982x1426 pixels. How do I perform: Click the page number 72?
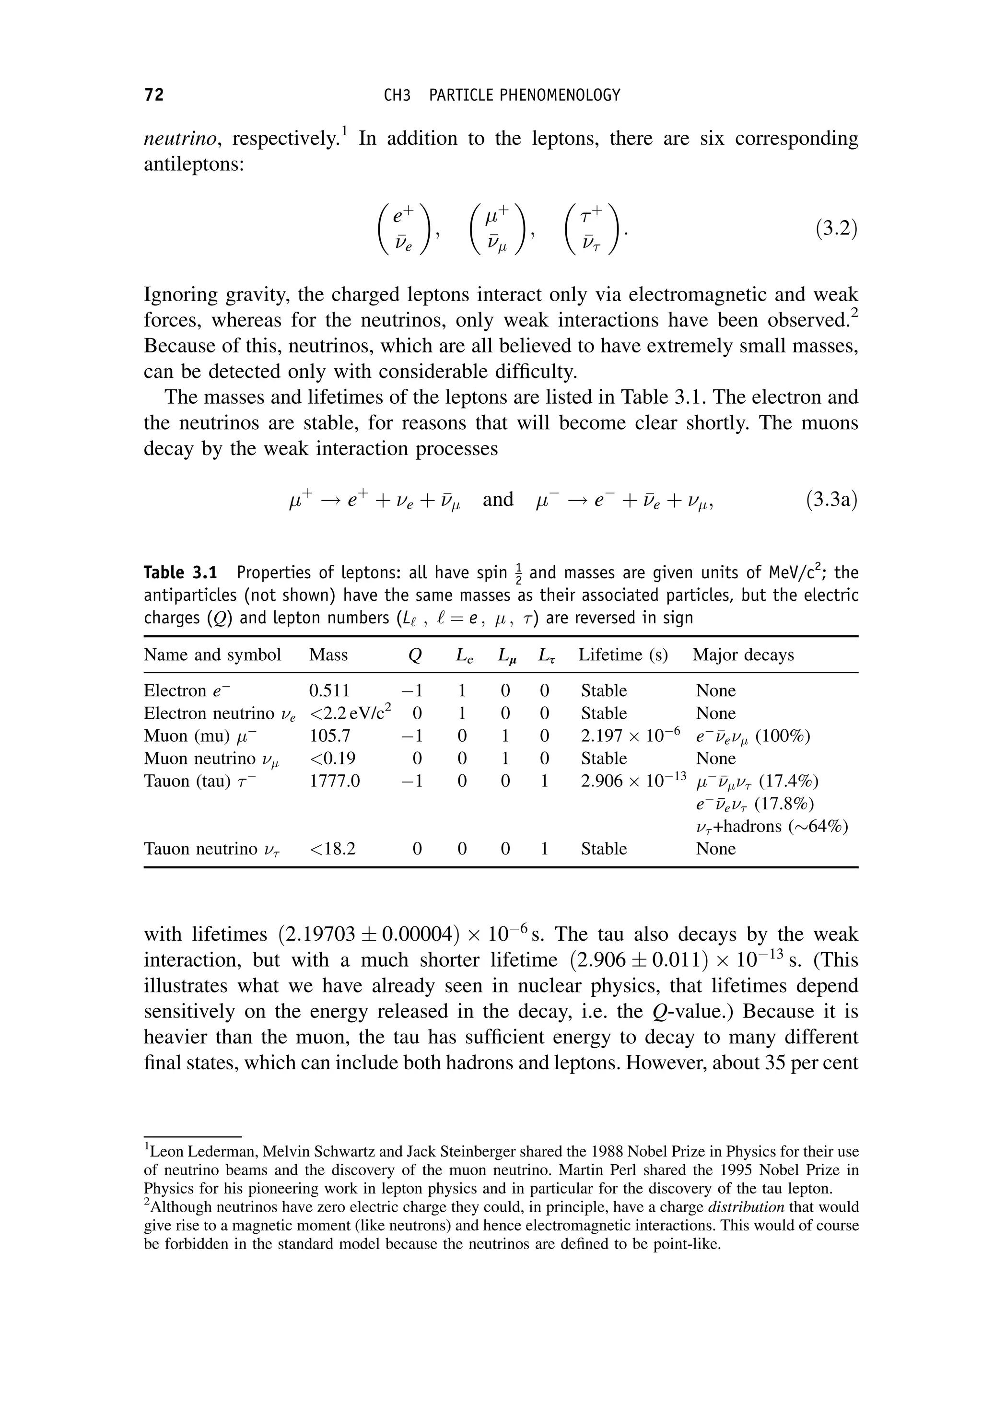(x=154, y=95)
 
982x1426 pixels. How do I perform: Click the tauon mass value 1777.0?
(x=334, y=781)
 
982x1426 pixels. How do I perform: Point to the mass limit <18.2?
(x=332, y=849)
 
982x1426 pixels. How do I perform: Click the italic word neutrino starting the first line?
(x=180, y=139)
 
